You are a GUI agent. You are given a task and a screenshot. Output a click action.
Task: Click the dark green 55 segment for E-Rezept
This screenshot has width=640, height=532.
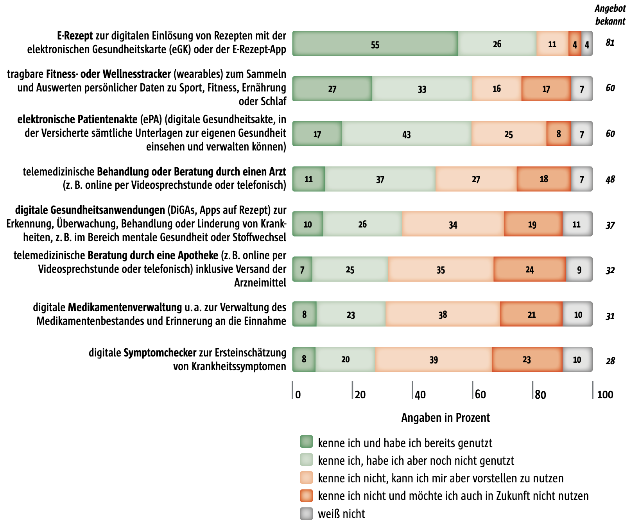pos(375,44)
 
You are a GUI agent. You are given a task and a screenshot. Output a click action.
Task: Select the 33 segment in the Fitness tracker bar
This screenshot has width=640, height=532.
pos(422,89)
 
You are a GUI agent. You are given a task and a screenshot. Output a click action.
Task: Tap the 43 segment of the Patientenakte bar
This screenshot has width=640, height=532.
pos(407,134)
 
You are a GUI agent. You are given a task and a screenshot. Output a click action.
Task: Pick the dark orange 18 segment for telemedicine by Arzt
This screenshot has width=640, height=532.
pos(543,179)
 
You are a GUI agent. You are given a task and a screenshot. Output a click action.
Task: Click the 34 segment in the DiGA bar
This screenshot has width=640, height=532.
pos(453,224)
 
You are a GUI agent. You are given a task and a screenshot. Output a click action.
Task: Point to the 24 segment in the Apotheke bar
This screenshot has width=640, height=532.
pos(529,269)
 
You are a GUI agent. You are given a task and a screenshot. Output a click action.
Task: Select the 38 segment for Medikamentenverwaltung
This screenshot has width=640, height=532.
pos(443,314)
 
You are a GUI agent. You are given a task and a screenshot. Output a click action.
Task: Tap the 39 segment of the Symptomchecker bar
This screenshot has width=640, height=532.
pos(434,360)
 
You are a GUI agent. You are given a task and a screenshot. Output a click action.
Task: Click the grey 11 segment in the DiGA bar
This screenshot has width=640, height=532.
pos(577,224)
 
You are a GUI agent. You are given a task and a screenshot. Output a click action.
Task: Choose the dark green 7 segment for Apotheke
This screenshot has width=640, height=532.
pos(302,269)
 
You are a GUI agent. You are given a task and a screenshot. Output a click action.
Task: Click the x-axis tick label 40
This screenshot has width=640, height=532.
pos(420,394)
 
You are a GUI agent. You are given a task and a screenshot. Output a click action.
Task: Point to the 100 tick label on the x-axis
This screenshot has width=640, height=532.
pos(605,394)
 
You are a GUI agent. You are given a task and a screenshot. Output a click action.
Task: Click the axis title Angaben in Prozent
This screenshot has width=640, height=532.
pos(445,418)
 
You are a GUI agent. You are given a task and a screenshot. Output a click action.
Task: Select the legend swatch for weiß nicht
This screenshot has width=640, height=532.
pos(307,514)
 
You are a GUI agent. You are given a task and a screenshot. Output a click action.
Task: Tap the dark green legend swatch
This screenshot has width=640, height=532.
pos(307,442)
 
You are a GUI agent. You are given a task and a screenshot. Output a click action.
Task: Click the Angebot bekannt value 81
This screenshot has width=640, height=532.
pos(610,43)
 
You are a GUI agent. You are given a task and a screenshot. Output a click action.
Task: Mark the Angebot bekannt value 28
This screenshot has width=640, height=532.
pos(610,361)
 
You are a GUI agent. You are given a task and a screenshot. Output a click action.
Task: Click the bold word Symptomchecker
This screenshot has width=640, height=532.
pos(160,353)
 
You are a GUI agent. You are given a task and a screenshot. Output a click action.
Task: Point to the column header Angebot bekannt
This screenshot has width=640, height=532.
pos(610,15)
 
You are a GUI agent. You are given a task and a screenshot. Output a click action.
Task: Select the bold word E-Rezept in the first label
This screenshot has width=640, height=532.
pos(75,36)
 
